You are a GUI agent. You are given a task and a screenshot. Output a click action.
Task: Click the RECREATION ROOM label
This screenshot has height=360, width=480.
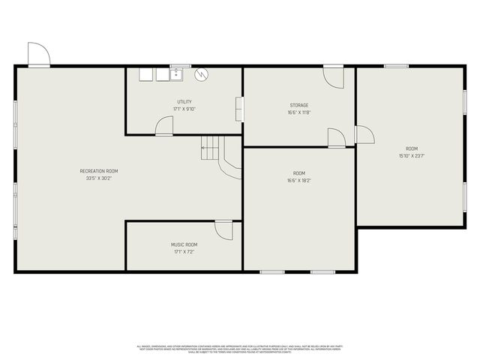pos(99,171)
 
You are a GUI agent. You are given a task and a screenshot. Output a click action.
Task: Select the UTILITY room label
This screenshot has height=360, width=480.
pos(184,101)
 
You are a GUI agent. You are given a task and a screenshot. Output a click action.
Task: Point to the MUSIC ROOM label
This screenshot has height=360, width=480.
pos(184,244)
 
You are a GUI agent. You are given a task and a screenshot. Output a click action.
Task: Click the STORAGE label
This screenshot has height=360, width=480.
pos(299,105)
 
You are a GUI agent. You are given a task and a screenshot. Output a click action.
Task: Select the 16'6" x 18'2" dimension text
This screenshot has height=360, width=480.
pos(299,180)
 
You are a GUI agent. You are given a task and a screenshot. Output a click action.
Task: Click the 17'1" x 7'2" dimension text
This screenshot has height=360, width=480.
pos(184,253)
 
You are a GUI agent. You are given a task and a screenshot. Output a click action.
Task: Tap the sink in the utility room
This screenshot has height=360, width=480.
pos(177,73)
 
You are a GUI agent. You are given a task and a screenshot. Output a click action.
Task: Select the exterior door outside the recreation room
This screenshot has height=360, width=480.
pos(38,54)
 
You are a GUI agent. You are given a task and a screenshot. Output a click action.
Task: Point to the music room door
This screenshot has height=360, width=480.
pos(223,230)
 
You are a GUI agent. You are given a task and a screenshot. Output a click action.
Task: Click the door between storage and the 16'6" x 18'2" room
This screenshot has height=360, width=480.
pos(337,136)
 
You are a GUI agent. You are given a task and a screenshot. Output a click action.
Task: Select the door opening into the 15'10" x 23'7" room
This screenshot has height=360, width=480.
pos(364,134)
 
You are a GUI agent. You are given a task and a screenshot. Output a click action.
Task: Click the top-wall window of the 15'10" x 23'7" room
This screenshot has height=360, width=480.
pos(396,66)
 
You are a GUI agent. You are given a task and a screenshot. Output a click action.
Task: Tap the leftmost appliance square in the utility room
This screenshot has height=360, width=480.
pos(145,73)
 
